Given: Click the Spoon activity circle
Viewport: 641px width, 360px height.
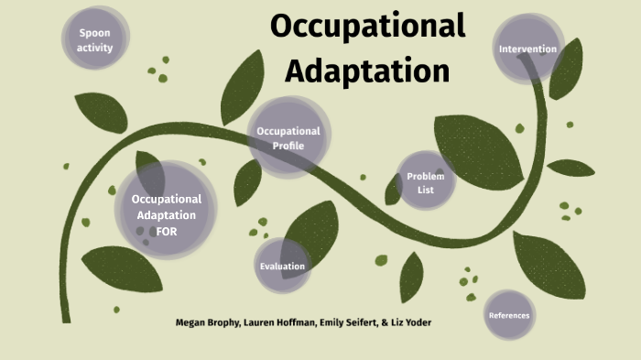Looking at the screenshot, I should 95,40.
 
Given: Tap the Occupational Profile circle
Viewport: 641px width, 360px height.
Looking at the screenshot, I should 288,137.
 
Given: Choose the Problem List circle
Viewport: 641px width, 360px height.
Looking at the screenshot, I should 426,182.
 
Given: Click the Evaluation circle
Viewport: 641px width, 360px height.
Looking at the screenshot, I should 282,266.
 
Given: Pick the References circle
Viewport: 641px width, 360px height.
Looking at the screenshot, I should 509,316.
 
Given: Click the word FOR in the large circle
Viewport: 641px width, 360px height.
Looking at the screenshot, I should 166,231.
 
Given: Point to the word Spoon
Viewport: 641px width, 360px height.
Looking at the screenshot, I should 95,33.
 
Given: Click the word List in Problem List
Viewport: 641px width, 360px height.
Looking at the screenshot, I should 425,190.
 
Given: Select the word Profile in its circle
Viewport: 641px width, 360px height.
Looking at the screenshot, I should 288,145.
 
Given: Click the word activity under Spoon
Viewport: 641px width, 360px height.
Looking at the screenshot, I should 95,48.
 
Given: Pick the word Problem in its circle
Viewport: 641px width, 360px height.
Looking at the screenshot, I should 425,176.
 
